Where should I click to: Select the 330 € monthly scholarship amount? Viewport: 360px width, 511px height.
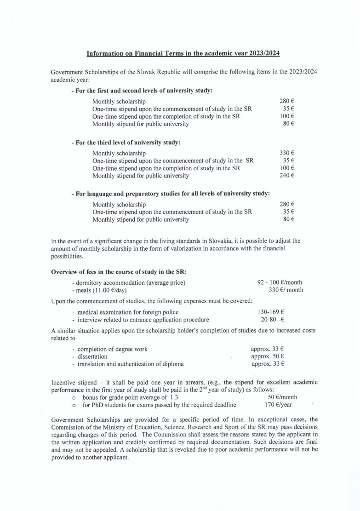pyautogui.click(x=287, y=153)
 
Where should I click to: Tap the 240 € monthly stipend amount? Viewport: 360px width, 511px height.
pyautogui.click(x=287, y=175)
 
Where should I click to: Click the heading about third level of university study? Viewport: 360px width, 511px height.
pyautogui.click(x=126, y=142)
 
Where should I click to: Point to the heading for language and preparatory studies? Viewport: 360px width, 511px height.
pyautogui.click(x=170, y=194)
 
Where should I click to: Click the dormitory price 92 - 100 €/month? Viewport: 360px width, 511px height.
pyautogui.click(x=280, y=282)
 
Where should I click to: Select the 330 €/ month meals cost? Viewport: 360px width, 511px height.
pyautogui.click(x=286, y=290)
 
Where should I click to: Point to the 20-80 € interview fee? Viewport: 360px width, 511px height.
pyautogui.click(x=273, y=319)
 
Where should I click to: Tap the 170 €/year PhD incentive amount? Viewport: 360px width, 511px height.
pyautogui.click(x=278, y=405)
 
